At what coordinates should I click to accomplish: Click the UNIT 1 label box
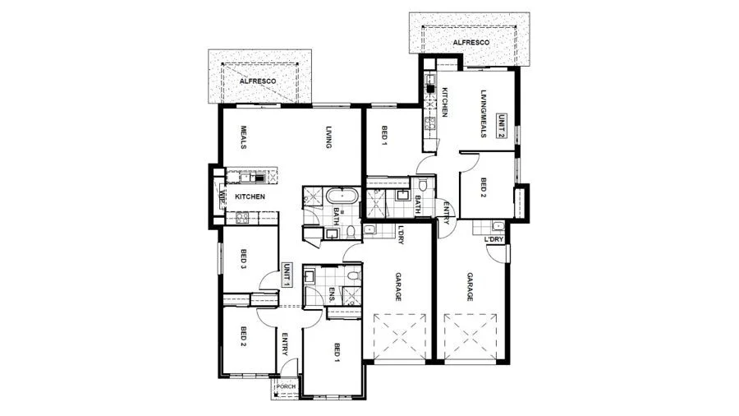(x=286, y=275)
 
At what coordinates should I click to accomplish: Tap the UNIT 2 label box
(x=502, y=126)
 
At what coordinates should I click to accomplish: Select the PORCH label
(x=286, y=386)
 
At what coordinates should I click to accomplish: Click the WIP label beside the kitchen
(x=221, y=196)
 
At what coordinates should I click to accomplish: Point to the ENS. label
(x=332, y=295)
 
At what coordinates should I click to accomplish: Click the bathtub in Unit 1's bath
(x=342, y=196)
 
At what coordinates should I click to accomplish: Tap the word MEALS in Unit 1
(x=244, y=136)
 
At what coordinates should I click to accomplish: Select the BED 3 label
(x=244, y=258)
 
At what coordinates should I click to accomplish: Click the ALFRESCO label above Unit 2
(x=470, y=43)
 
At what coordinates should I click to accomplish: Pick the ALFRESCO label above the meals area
(x=258, y=81)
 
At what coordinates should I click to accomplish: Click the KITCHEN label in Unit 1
(x=250, y=196)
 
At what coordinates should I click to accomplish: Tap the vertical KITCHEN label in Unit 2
(x=443, y=102)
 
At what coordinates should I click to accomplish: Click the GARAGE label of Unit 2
(x=470, y=287)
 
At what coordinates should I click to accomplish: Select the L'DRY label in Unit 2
(x=494, y=239)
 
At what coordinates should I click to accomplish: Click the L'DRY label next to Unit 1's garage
(x=401, y=234)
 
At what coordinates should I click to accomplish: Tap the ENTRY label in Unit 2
(x=446, y=212)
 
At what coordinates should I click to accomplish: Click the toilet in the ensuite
(x=353, y=275)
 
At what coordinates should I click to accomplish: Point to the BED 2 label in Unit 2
(x=483, y=187)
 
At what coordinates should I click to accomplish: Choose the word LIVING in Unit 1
(x=329, y=136)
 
